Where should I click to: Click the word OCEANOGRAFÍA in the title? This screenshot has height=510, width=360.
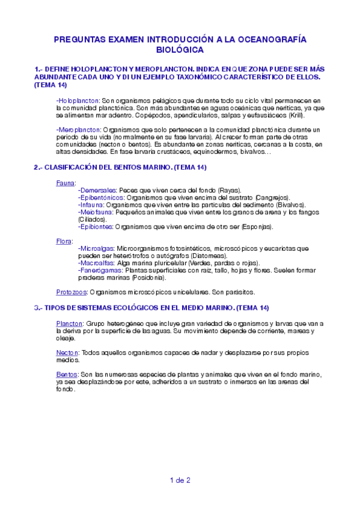coord(267,39)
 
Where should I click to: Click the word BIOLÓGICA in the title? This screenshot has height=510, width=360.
coord(180,50)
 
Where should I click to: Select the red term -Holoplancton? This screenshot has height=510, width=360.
coord(78,100)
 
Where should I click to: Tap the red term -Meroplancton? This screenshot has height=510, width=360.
coord(78,129)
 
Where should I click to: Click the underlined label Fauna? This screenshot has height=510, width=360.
coord(66,182)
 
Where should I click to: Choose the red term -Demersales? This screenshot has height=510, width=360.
coord(97,189)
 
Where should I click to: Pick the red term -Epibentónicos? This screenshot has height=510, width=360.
coord(102,197)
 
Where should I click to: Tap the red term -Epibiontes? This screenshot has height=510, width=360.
coord(96,227)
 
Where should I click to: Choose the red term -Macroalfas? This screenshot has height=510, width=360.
coord(97,263)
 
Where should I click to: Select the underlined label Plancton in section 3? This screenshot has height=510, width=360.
coord(67,323)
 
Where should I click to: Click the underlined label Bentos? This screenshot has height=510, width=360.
coord(66,374)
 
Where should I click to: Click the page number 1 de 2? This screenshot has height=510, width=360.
coord(180,479)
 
